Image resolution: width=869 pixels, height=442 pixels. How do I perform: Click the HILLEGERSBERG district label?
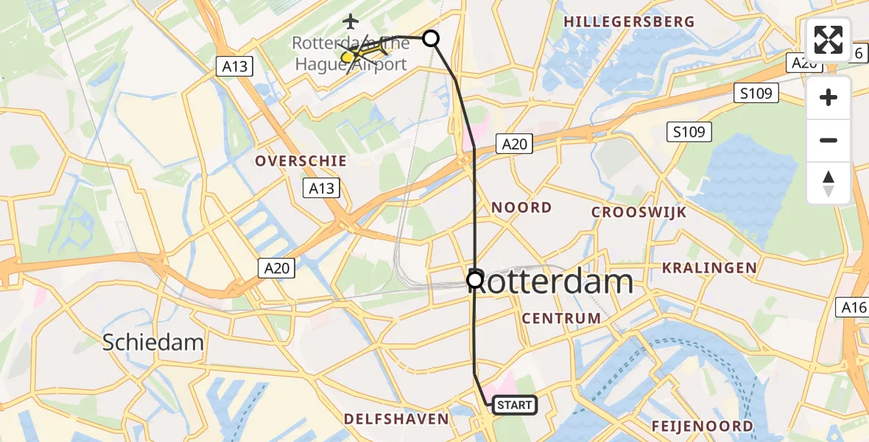(x=629, y=22)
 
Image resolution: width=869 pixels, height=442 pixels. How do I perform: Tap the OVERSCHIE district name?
(x=300, y=161)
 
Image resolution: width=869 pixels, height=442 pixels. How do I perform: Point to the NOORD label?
(x=521, y=208)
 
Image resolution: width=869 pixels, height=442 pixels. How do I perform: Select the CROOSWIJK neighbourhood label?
(x=639, y=213)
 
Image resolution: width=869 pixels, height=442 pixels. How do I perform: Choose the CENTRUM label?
(x=561, y=318)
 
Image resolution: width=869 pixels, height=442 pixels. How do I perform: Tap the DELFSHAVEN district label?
(x=396, y=419)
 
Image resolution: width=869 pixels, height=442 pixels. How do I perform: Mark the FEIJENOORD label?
(x=702, y=426)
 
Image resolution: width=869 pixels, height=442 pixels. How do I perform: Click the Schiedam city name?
(x=153, y=342)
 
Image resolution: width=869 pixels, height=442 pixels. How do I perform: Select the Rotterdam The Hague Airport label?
(x=351, y=54)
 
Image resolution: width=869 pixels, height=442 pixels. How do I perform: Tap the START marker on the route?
(x=514, y=404)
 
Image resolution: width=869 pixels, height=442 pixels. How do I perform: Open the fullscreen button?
(x=828, y=40)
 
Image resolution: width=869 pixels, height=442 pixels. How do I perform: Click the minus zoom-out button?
(x=828, y=141)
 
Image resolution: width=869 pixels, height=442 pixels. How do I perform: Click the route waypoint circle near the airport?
(x=431, y=38)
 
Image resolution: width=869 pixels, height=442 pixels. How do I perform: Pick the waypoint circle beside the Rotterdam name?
(x=475, y=280)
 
